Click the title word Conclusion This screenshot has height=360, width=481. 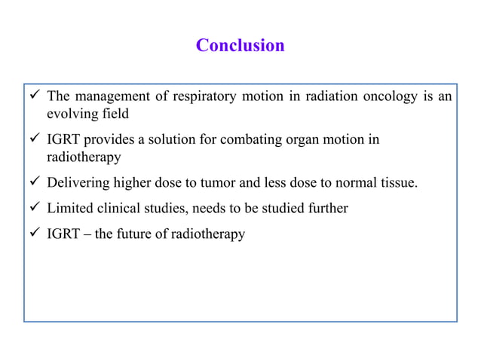coord(240,46)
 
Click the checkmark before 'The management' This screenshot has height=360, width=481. coord(34,97)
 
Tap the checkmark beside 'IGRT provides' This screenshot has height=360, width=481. coord(34,140)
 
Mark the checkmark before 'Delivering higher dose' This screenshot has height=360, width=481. coord(34,183)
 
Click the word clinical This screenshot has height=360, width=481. coord(119,209)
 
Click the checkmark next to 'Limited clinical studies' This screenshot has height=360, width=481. coord(34,209)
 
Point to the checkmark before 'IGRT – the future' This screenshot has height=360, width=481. coord(34,234)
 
